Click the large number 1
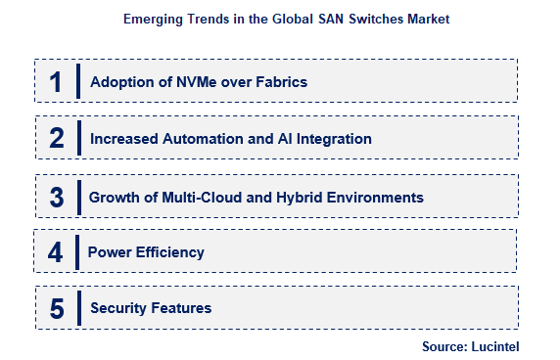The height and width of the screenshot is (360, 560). click(x=56, y=82)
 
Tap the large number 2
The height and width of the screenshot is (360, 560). click(x=56, y=139)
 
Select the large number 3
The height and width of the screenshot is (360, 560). click(x=56, y=197)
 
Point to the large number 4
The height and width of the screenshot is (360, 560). click(x=56, y=252)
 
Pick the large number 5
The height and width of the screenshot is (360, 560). click(x=56, y=309)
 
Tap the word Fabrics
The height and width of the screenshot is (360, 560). click(x=280, y=82)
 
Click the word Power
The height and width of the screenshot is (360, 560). click(x=108, y=252)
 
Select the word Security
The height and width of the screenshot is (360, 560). click(x=118, y=308)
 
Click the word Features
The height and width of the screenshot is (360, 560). click(x=182, y=308)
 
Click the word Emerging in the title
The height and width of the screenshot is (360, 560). click(x=154, y=19)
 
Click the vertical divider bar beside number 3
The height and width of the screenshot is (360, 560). click(x=76, y=197)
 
